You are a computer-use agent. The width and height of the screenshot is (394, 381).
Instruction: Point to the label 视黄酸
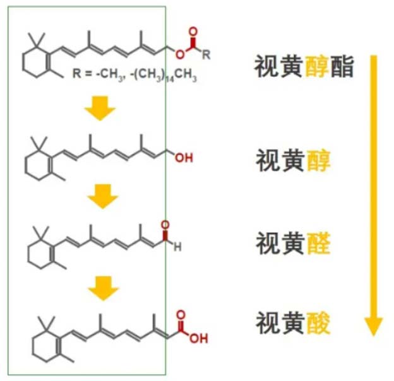click(x=292, y=323)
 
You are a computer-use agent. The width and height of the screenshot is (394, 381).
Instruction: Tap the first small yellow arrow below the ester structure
click(x=101, y=108)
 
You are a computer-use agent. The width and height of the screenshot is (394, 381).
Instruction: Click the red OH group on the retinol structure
click(x=184, y=157)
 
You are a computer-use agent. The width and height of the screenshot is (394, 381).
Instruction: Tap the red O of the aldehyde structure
click(x=166, y=225)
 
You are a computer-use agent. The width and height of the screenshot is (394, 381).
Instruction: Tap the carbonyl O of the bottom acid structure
click(x=182, y=314)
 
